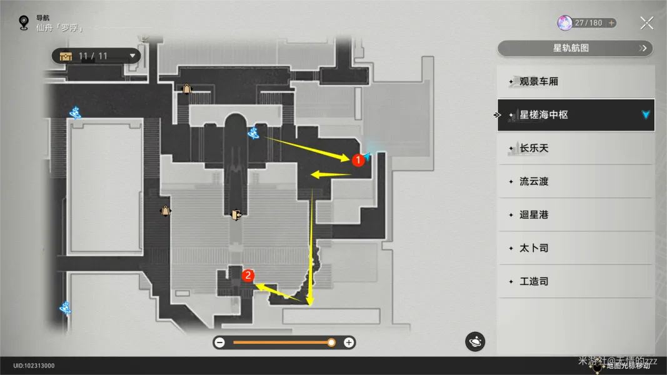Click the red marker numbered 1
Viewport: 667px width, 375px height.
358,160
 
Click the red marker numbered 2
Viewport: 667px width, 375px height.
248,275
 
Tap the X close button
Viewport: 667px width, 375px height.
646,24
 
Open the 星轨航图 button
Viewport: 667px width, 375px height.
574,48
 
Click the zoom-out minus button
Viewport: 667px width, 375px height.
219,342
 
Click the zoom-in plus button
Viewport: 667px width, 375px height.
349,342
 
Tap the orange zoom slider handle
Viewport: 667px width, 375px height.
331,342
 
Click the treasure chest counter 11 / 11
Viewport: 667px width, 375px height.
96,56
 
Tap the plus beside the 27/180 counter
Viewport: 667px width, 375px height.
611,23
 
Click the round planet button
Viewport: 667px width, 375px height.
475,342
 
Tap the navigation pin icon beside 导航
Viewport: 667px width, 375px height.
24,23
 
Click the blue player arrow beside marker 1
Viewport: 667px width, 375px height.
369,157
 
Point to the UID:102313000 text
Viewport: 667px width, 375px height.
34,366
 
